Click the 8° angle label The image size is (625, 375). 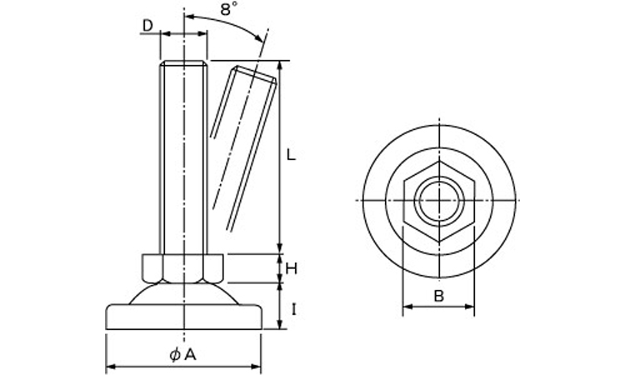229,9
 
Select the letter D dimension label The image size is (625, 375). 147,26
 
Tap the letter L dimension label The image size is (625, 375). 292,155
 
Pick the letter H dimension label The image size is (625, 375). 292,269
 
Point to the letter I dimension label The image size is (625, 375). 293,310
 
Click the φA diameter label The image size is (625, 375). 183,355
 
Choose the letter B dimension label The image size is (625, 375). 438,296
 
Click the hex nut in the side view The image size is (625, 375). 183,268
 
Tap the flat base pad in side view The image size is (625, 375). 184,317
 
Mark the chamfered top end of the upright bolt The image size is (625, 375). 184,63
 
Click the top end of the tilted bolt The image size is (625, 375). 256,74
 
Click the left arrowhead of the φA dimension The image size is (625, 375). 111,366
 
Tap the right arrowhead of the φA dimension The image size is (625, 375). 256,366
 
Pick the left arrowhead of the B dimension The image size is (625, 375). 407,307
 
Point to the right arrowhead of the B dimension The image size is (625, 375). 469,307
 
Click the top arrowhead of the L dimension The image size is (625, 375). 280,66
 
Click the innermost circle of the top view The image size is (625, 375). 439,200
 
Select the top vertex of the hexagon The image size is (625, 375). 439,161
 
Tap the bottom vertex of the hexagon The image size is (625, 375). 439,241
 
